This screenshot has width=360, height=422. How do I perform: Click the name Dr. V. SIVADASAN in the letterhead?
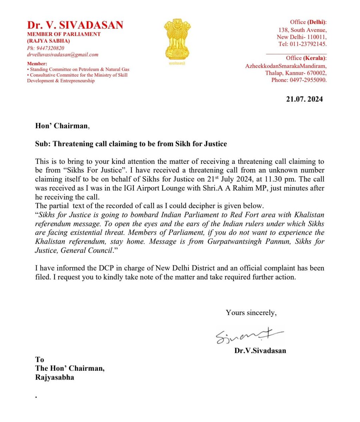point(75,25)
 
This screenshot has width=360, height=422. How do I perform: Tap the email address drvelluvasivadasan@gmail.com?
point(63,55)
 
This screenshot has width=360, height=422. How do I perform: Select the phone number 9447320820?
point(49,48)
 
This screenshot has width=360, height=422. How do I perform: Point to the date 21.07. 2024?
point(304,99)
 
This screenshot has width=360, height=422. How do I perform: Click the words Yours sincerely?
point(251,313)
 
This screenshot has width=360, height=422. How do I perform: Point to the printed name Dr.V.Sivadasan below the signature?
point(260,351)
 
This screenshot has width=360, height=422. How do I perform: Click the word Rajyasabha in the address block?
point(55,378)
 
